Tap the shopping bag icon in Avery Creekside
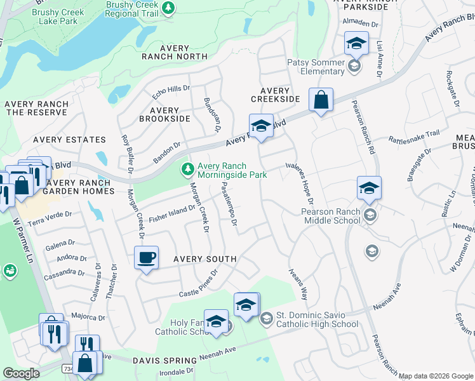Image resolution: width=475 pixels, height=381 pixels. coord(321,100)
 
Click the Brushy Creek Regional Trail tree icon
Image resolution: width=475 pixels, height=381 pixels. coord(168,8)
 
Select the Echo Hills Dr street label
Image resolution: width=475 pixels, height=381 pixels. coord(171,92)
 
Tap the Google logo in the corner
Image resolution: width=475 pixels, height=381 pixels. coord(21,373)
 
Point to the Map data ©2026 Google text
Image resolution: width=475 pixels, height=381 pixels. coord(436,376)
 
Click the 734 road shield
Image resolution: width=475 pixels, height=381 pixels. coord(67,368)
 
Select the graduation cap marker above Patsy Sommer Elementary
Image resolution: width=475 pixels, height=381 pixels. coord(356,44)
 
